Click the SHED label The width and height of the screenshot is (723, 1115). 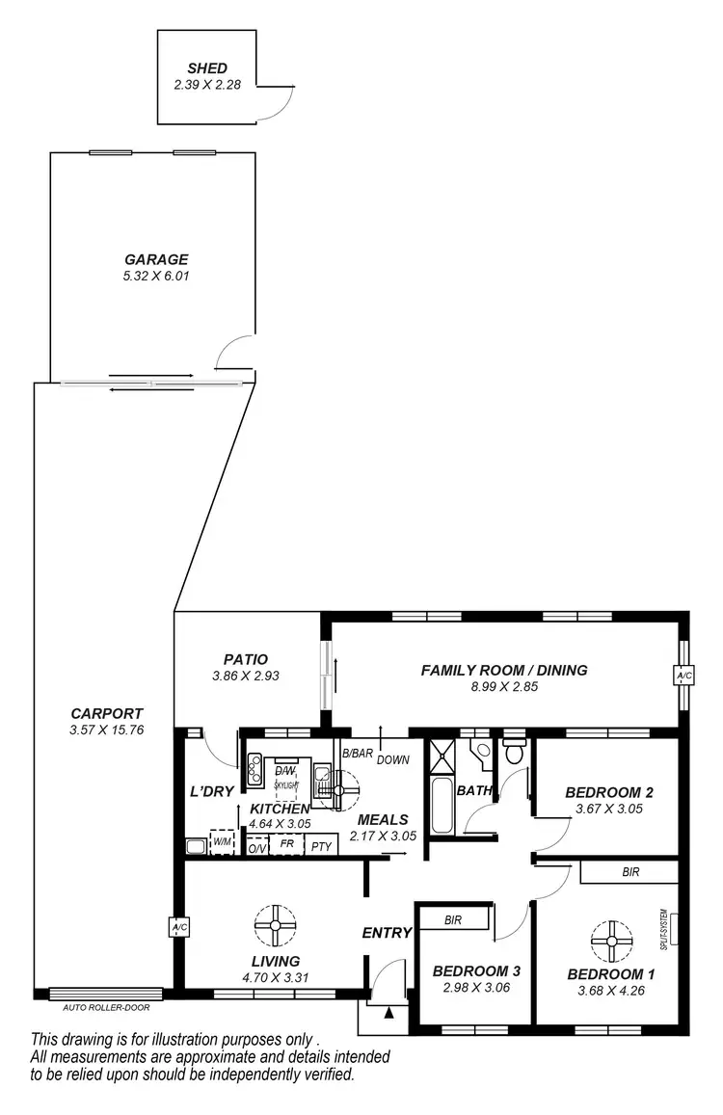coord(207,68)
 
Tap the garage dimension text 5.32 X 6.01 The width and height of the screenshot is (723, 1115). coord(155,276)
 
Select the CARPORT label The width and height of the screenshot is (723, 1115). coord(107,713)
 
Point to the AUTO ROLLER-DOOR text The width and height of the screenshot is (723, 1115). coord(106,1008)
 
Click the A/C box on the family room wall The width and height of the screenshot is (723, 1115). coord(683,677)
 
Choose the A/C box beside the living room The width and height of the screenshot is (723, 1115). coord(178,927)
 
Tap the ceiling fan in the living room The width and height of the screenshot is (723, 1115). coord(276,925)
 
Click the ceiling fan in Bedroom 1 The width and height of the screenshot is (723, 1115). coord(611,942)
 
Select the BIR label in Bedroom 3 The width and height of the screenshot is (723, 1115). coord(453,920)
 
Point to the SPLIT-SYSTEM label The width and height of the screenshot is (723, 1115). coord(664,926)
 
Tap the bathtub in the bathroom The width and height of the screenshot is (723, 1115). coord(442,807)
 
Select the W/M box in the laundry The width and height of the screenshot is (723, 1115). coord(223,842)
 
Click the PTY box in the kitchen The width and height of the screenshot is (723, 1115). coord(320,846)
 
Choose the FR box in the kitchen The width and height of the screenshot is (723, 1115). coord(286,843)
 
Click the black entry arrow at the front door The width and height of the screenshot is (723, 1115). coord(388,1012)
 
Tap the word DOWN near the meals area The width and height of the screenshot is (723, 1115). coord(393,760)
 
